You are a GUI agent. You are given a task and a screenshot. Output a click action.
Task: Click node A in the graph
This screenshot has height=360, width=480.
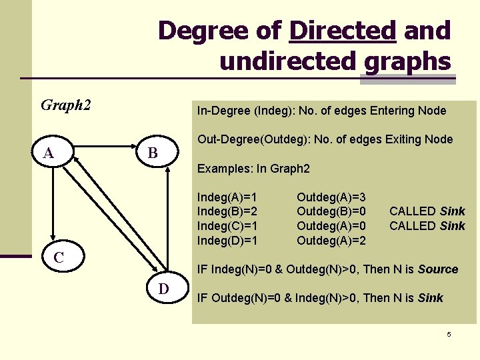click(49, 154)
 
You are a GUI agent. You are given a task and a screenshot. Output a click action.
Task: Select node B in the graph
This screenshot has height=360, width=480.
click(153, 154)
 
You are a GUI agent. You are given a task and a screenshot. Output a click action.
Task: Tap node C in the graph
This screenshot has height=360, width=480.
click(59, 257)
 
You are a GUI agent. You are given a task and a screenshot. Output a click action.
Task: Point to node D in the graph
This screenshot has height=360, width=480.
click(163, 289)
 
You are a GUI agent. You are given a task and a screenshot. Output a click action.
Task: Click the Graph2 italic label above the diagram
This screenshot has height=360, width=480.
click(65, 105)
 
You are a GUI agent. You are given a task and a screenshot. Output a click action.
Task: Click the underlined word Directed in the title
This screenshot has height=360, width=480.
click(343, 31)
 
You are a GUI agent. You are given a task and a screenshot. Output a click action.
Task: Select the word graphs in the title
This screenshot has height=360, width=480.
click(408, 61)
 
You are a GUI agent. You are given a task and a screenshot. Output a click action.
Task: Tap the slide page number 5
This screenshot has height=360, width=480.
click(449, 334)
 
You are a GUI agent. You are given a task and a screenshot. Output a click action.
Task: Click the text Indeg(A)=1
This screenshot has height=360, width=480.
click(227, 197)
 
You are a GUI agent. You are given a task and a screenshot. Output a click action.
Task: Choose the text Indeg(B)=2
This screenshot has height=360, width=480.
click(227, 211)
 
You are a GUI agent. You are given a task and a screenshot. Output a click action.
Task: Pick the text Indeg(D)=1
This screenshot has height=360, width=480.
click(227, 240)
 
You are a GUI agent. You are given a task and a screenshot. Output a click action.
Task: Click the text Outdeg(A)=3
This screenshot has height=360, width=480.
click(331, 197)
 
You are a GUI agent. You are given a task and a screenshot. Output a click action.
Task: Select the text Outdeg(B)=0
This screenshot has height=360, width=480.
click(331, 211)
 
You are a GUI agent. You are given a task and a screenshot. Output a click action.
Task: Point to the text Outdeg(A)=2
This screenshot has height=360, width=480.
click(331, 240)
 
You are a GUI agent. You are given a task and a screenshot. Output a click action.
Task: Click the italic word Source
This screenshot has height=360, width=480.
click(437, 269)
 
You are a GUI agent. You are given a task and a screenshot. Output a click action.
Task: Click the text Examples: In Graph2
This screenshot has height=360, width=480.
click(253, 169)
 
